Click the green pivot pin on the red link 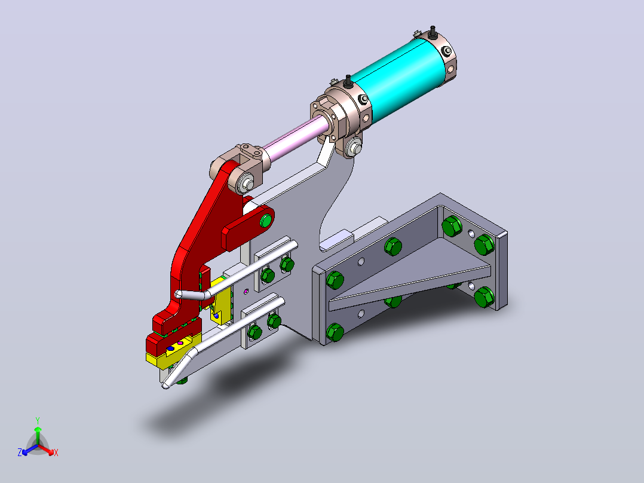click(x=266, y=221)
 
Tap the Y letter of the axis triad click(x=38, y=420)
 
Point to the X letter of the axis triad click(x=56, y=453)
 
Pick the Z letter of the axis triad click(x=20, y=452)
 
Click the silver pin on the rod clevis click(x=247, y=184)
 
